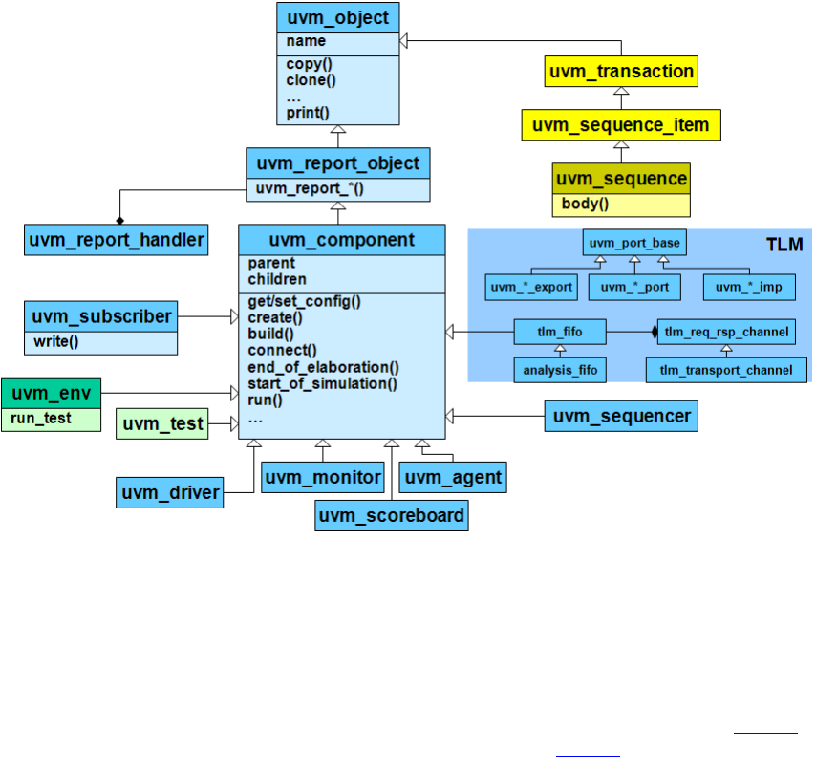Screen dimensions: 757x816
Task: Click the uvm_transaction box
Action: click(x=621, y=72)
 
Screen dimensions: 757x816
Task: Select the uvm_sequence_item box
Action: click(x=620, y=125)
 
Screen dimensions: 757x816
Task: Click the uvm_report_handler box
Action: click(x=117, y=239)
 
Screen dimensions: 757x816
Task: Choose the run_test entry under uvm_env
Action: click(x=41, y=418)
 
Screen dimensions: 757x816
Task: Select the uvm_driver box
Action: click(x=170, y=493)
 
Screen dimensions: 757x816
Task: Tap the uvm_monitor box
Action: click(x=323, y=477)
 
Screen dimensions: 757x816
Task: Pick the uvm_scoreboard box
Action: click(x=392, y=516)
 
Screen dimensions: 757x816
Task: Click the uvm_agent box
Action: click(x=452, y=477)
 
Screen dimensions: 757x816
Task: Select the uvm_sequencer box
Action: click(x=621, y=416)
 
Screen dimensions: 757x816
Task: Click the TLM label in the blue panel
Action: click(x=786, y=245)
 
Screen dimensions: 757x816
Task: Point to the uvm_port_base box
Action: click(x=634, y=243)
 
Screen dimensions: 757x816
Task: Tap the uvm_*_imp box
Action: click(x=748, y=286)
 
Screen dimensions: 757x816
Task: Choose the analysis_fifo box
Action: click(x=559, y=369)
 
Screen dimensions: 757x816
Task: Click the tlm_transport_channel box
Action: click(x=726, y=369)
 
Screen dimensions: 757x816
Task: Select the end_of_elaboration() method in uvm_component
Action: click(x=323, y=367)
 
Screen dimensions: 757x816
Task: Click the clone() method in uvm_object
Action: click(x=307, y=81)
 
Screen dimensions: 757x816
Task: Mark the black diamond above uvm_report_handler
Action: click(x=119, y=193)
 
